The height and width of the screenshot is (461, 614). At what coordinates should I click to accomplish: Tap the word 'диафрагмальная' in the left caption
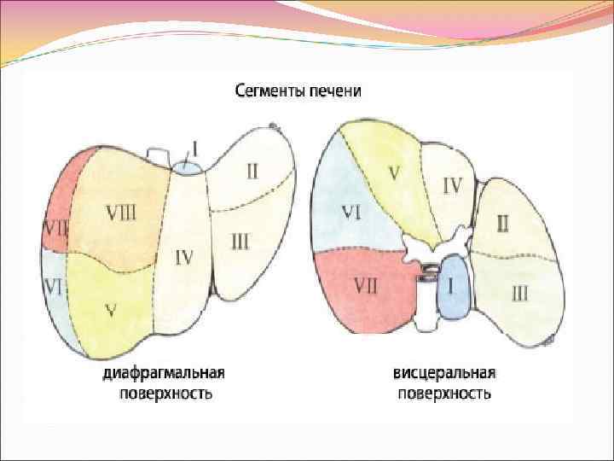(x=165, y=374)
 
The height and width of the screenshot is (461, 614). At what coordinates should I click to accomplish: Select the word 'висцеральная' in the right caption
(x=444, y=374)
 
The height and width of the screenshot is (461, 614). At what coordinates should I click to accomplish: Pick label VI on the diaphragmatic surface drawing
(x=54, y=288)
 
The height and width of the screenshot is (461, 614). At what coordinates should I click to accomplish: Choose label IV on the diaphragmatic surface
(x=183, y=256)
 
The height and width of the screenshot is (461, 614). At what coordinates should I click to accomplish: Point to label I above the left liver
(x=194, y=149)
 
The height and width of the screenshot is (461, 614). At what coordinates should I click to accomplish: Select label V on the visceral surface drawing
(x=394, y=172)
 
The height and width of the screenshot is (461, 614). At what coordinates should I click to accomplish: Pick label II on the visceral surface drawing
(x=503, y=224)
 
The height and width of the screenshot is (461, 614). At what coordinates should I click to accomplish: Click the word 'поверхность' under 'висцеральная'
(x=444, y=394)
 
